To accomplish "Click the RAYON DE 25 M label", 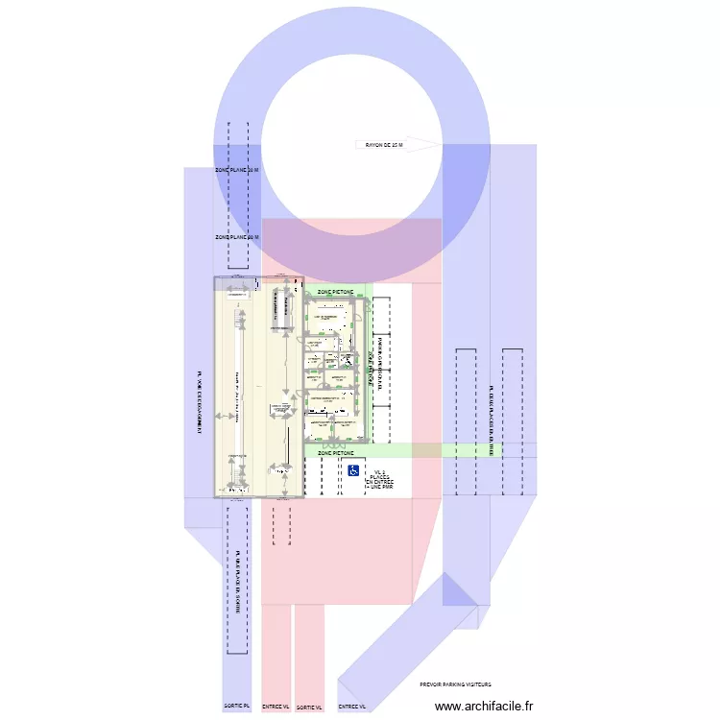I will [x=385, y=146].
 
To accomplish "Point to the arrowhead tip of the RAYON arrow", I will [x=441, y=145].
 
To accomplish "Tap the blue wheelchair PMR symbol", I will [x=353, y=470].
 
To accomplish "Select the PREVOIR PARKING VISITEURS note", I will [x=455, y=684].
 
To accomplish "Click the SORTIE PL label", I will [x=237, y=707].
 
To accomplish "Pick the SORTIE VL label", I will [x=309, y=707].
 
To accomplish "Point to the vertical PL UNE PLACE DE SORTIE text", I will [x=236, y=582].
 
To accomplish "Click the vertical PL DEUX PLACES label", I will [x=491, y=420].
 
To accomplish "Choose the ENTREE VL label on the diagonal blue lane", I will [x=352, y=707].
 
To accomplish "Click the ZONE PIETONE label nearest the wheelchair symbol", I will [x=335, y=452].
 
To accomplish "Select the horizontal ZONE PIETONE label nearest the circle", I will [x=335, y=291].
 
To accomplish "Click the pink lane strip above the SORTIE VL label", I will [x=309, y=653].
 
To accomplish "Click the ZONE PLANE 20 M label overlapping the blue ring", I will [x=237, y=171].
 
